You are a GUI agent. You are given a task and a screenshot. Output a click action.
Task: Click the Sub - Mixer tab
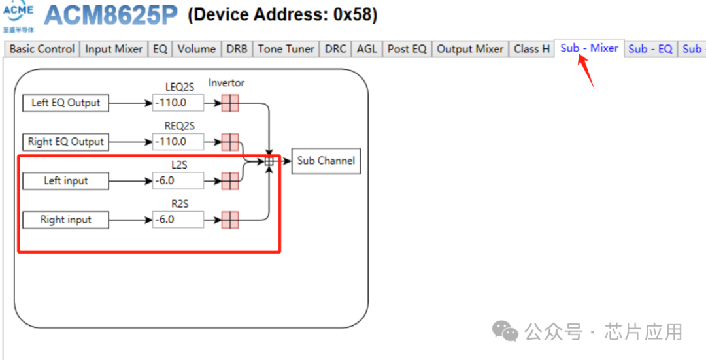click(589, 48)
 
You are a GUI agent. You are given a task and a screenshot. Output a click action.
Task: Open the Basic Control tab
click(42, 49)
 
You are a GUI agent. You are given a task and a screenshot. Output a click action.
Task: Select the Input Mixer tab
click(114, 49)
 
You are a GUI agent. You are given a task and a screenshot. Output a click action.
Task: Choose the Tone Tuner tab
click(286, 49)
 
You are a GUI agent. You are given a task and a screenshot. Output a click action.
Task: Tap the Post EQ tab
click(407, 49)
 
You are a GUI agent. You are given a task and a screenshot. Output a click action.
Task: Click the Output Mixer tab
click(470, 49)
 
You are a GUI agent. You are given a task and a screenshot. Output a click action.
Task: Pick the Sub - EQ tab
click(650, 49)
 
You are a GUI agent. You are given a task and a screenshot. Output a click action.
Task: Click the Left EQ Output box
click(65, 103)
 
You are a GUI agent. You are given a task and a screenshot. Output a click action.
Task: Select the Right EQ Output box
click(65, 142)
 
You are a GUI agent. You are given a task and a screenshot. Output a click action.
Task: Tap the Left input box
click(65, 181)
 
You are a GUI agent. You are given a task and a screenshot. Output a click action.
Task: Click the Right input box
click(65, 220)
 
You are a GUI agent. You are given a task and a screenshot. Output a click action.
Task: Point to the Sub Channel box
click(326, 161)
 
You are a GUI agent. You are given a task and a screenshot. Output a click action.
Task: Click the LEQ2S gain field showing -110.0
click(178, 103)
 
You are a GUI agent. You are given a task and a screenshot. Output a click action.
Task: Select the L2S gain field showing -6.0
click(178, 181)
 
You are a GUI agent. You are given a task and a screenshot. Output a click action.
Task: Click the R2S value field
click(178, 220)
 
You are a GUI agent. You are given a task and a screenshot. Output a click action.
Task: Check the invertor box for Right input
click(230, 220)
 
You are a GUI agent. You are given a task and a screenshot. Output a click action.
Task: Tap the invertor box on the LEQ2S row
click(230, 103)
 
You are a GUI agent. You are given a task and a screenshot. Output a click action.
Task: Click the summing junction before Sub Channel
click(269, 161)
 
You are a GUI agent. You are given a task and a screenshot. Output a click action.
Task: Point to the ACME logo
click(18, 14)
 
